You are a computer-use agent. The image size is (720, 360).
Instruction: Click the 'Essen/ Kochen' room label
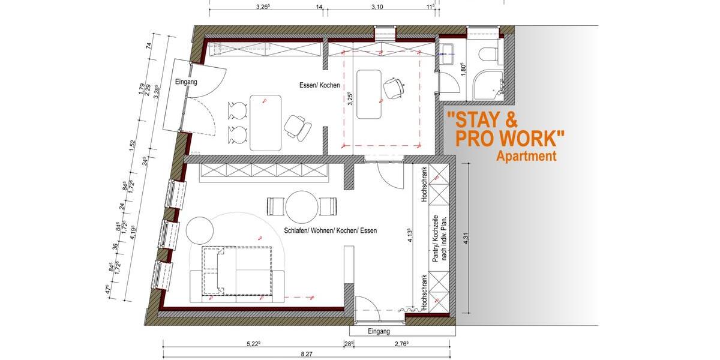click(319, 85)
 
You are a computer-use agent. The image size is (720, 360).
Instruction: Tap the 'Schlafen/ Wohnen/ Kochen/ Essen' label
click(330, 230)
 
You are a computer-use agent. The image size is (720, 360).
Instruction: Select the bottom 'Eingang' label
click(377, 331)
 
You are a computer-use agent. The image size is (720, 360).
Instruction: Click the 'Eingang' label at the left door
click(186, 82)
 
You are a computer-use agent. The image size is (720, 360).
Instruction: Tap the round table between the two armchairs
click(302, 207)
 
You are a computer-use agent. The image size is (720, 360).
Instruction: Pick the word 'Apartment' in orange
click(526, 157)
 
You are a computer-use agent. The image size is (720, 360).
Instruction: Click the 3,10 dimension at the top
click(377, 7)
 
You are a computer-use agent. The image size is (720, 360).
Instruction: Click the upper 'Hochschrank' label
click(424, 184)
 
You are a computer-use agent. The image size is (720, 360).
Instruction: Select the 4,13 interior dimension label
click(409, 238)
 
